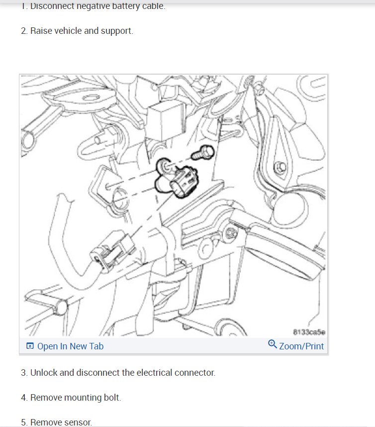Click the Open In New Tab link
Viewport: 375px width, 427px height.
[x=70, y=346]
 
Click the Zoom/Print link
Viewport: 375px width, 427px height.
[x=301, y=346]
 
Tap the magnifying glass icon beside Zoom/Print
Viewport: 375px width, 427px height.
[x=273, y=344]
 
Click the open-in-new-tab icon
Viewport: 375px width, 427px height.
[x=30, y=346]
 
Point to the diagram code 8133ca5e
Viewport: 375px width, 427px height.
[x=309, y=332]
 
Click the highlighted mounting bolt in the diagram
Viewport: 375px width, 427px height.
[x=203, y=152]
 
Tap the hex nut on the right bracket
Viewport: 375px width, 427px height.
[x=280, y=166]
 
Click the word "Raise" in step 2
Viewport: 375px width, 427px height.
[x=41, y=31]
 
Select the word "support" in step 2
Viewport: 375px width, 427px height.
[x=116, y=31]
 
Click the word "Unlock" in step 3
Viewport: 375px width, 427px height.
[x=44, y=373]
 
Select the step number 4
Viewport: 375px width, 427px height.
[x=24, y=398]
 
